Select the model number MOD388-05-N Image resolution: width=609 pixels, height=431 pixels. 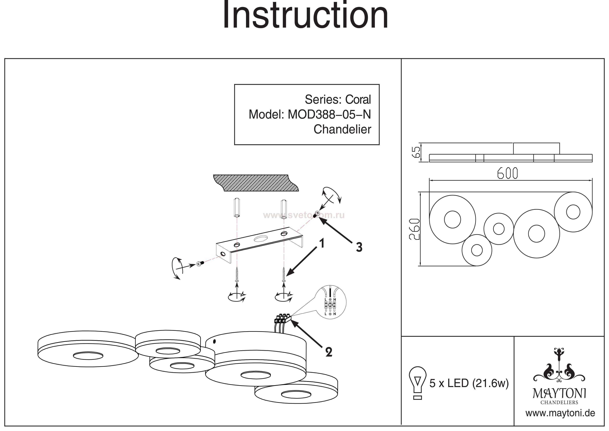pos(329,115)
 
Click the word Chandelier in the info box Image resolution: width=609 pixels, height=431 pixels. pos(342,130)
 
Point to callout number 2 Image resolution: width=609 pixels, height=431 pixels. pos(329,352)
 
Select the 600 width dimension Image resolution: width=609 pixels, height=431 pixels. pos(507,174)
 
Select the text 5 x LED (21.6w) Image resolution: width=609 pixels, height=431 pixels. pos(469,383)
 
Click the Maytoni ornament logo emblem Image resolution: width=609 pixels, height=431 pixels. pos(559,369)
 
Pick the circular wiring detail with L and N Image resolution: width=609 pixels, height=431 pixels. pos(330,303)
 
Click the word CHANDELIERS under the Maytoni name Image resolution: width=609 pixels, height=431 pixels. pos(559,402)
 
